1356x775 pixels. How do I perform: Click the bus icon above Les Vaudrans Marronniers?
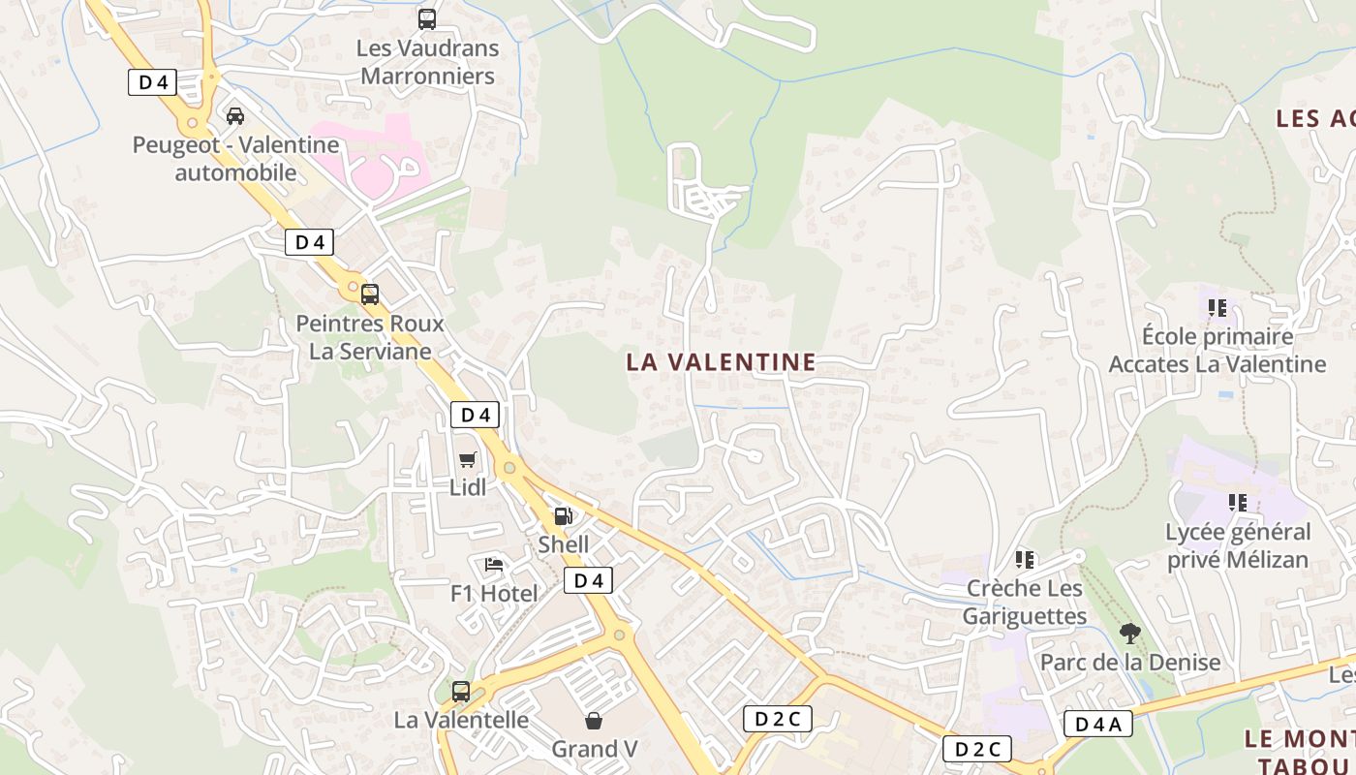426,18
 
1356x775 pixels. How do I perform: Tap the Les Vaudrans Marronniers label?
427,62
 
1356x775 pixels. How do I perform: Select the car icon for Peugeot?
234,116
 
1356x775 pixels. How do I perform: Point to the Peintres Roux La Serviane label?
370,337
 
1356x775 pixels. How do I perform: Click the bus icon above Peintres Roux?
370,294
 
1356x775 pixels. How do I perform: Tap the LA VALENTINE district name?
721,362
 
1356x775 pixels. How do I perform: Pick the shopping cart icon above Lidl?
468,459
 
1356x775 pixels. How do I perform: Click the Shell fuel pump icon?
563,516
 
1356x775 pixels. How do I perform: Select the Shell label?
563,544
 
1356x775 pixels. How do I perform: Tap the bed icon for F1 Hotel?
494,564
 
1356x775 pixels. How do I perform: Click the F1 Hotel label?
494,593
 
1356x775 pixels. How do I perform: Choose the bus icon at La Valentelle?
461,692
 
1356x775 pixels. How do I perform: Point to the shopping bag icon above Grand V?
594,721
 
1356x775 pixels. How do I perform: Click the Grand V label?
594,749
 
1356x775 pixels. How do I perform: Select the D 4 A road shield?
1097,724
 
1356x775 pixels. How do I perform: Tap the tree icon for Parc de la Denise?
1129,634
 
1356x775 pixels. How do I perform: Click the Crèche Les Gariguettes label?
1025,602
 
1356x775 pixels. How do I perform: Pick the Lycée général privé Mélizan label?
1238,545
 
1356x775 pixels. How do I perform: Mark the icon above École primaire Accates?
1217,308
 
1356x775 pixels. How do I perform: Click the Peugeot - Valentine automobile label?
235,159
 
